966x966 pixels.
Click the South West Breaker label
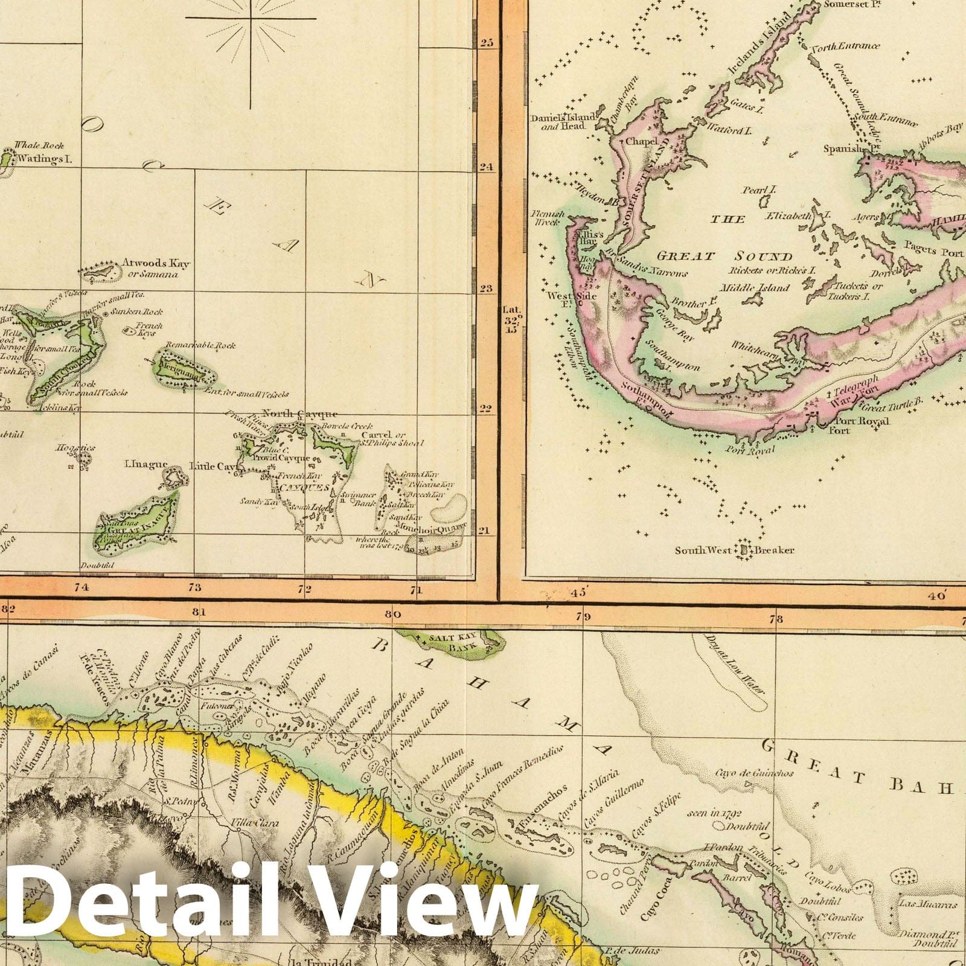point(734,550)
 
